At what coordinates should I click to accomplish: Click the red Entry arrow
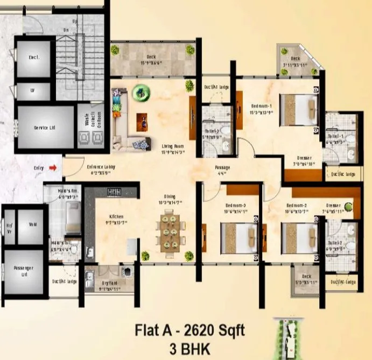tap(53, 168)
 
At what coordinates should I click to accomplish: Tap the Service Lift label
tap(44, 128)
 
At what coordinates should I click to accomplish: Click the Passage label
tap(222, 167)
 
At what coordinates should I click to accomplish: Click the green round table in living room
tap(142, 95)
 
